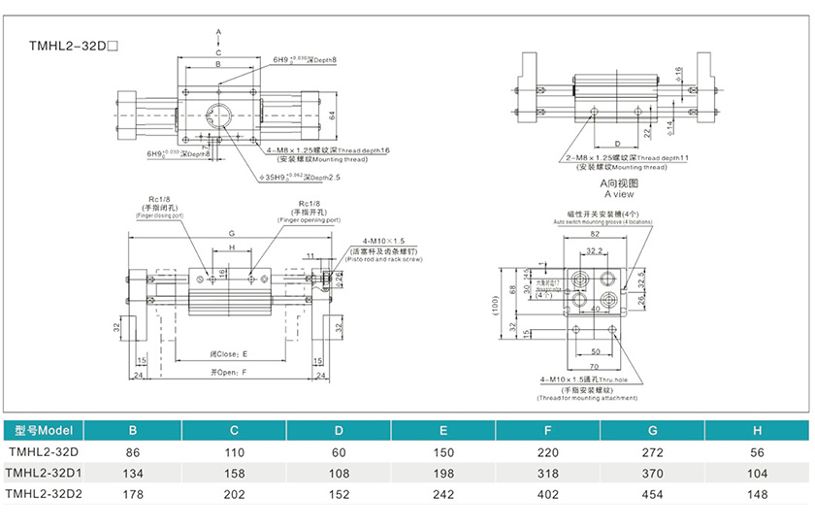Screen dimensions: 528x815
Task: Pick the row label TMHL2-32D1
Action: [x=45, y=473]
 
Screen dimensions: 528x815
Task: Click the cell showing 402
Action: [x=548, y=494]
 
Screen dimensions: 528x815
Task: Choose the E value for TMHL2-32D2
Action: [x=442, y=494]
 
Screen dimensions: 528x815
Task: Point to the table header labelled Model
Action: [x=45, y=431]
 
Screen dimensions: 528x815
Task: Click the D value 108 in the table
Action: [x=338, y=473]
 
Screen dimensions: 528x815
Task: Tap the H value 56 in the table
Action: [x=757, y=451]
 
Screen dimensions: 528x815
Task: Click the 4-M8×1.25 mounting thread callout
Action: [x=327, y=150]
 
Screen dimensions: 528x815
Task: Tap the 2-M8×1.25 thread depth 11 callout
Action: [x=627, y=157]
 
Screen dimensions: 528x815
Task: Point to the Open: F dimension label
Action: [x=229, y=371]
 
